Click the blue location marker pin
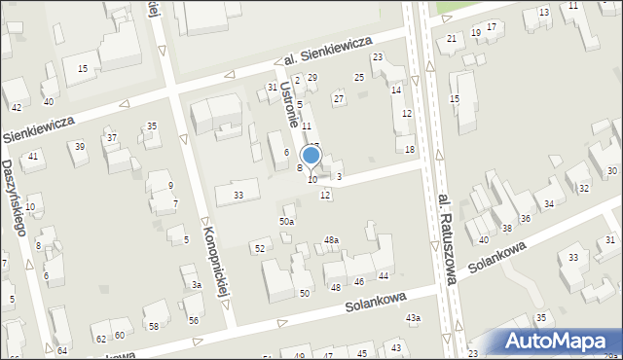(x=311, y=156)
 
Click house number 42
(x=17, y=107)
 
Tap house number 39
(x=80, y=147)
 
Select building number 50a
(x=286, y=222)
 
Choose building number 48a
(x=331, y=240)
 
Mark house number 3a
(x=196, y=285)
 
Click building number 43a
(x=414, y=318)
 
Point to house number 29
(x=312, y=77)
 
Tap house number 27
(x=339, y=98)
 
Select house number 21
(x=452, y=38)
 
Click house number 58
(x=153, y=326)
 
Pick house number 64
(x=62, y=350)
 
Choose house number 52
(x=259, y=249)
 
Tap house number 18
(x=410, y=149)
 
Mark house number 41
(x=33, y=157)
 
